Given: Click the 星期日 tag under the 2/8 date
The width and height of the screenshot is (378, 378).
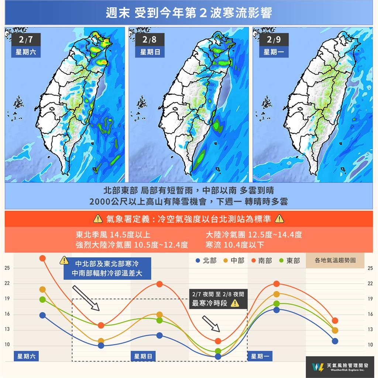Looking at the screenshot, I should (150, 52).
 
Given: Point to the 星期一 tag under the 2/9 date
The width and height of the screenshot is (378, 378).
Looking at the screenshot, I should (274, 52).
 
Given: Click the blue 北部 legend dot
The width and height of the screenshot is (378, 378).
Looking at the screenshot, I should (198, 261).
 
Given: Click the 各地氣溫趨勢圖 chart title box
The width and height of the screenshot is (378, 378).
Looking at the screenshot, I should (335, 260).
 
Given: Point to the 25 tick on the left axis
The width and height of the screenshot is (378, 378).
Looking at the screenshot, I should (7, 268).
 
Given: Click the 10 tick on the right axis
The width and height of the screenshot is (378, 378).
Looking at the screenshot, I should (370, 345).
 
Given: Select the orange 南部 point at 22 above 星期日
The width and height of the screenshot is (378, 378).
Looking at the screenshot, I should (159, 284).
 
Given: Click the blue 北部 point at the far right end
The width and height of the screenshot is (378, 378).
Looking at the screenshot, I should (335, 341).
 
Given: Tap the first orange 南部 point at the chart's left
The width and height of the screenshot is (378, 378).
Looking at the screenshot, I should (42, 258).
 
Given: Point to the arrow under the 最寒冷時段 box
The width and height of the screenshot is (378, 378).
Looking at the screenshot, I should (212, 323).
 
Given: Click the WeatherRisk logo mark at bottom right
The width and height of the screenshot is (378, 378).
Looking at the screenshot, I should (317, 367).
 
